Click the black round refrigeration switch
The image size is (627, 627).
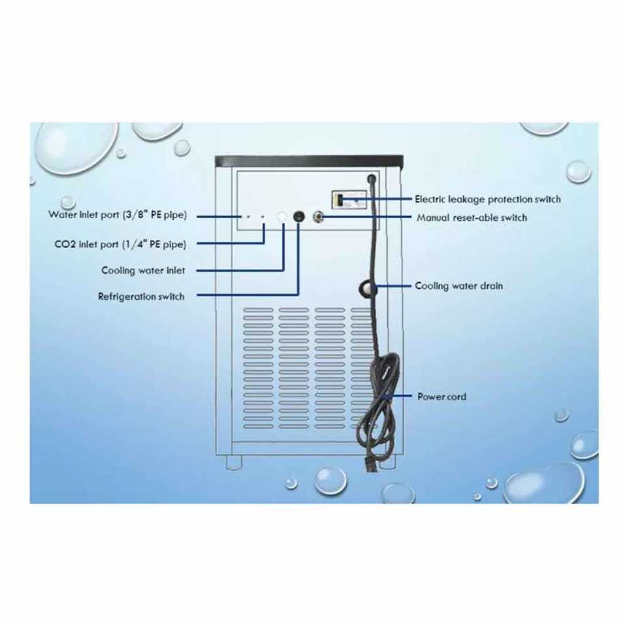click(299, 216)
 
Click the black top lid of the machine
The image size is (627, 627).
click(310, 159)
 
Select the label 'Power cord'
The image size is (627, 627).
click(442, 396)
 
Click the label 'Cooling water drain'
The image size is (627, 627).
click(458, 286)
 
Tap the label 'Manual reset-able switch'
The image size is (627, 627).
click(472, 217)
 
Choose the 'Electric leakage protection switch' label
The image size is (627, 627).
click(487, 199)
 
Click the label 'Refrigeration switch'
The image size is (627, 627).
click(141, 297)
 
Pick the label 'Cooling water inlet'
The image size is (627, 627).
click(143, 270)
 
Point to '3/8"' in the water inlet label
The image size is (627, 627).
click(137, 214)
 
